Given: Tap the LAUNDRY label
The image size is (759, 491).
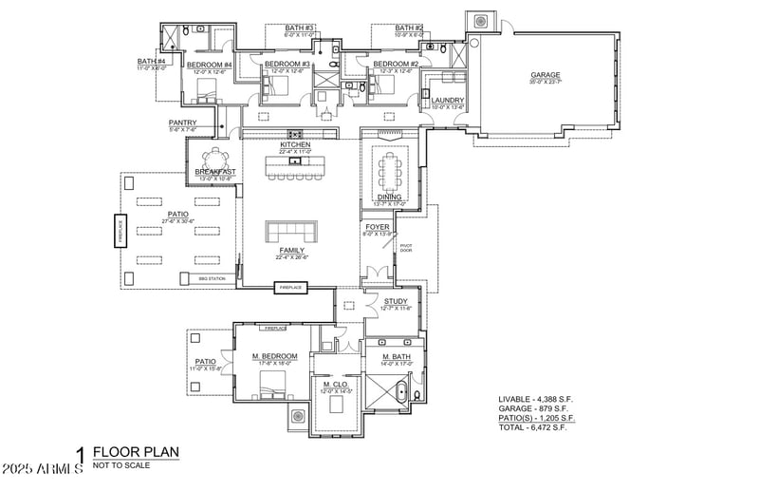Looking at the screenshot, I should tap(447, 100).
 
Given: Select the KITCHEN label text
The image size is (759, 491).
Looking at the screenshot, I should tap(295, 144).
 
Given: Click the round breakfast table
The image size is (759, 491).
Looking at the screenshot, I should tap(214, 157).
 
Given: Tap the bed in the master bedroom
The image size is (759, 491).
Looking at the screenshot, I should tap(274, 384).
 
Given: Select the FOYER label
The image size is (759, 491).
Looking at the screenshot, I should tap(378, 228).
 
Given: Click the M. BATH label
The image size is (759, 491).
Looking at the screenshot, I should tap(396, 356).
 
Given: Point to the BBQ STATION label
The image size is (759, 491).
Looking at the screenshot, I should tap(211, 278).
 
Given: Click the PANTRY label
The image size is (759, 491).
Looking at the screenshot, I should tap(182, 123).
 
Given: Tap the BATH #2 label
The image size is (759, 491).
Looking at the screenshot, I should tap(409, 28).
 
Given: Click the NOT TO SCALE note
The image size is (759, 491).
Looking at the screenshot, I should tap(120, 466).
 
